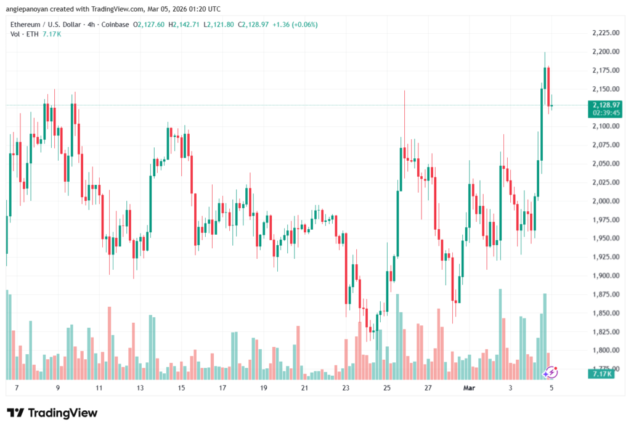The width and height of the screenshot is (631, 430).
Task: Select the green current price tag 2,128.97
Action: (605, 105)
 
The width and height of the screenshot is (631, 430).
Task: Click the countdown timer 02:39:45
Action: (605, 113)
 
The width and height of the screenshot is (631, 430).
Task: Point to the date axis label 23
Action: (346, 388)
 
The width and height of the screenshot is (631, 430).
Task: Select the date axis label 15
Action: (181, 388)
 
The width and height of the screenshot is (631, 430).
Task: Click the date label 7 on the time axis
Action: (17, 388)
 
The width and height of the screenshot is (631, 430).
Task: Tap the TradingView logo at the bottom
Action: (52, 413)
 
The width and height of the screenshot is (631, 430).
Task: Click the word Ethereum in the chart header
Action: (28, 25)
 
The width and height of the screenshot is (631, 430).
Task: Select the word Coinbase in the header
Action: (115, 25)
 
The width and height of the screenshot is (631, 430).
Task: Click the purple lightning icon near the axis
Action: (552, 372)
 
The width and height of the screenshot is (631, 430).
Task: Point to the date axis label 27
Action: (428, 388)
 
